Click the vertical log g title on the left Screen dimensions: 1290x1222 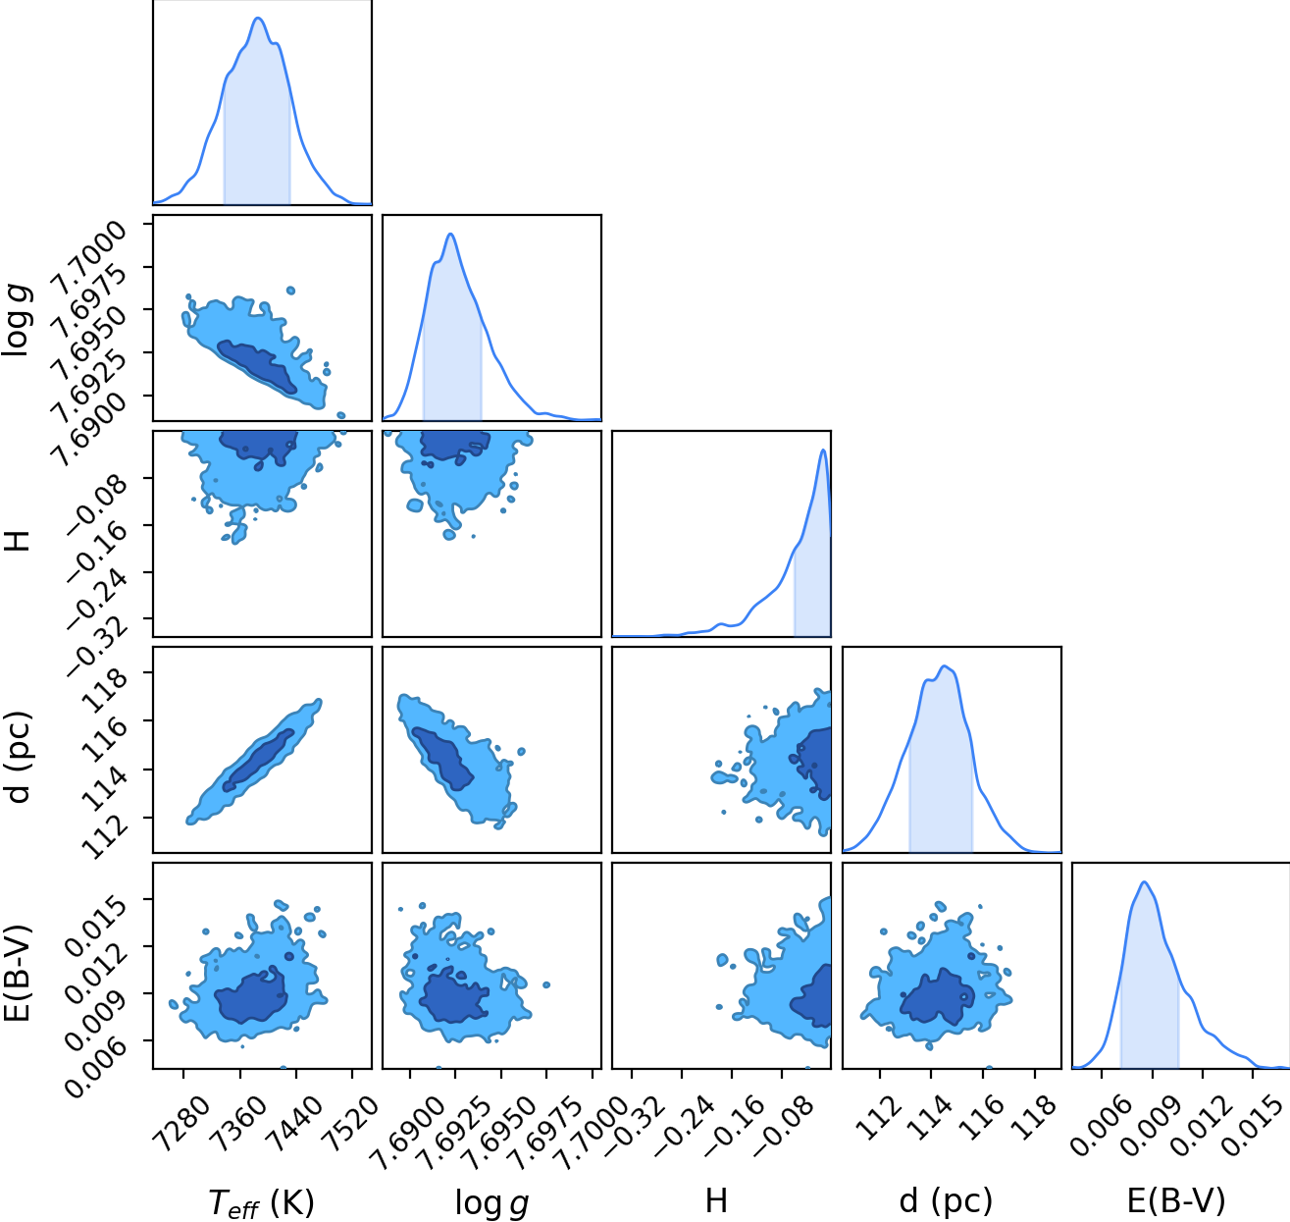[x=17, y=319]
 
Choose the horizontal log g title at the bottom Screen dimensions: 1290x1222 [x=491, y=1200]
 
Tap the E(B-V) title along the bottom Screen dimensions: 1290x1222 [x=1176, y=1199]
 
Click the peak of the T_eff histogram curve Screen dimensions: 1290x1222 [x=258, y=18]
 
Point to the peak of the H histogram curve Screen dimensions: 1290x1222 [x=823, y=450]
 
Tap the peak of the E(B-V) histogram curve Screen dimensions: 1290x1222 [x=1144, y=881]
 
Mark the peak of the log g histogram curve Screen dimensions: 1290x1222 [x=451, y=234]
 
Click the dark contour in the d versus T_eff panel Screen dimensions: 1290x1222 [x=258, y=761]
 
